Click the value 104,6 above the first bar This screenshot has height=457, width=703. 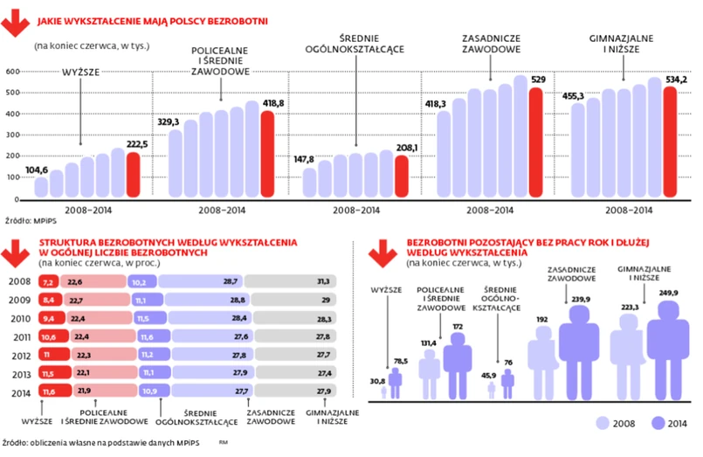click(x=37, y=170)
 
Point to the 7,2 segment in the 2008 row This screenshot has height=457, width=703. click(x=49, y=282)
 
